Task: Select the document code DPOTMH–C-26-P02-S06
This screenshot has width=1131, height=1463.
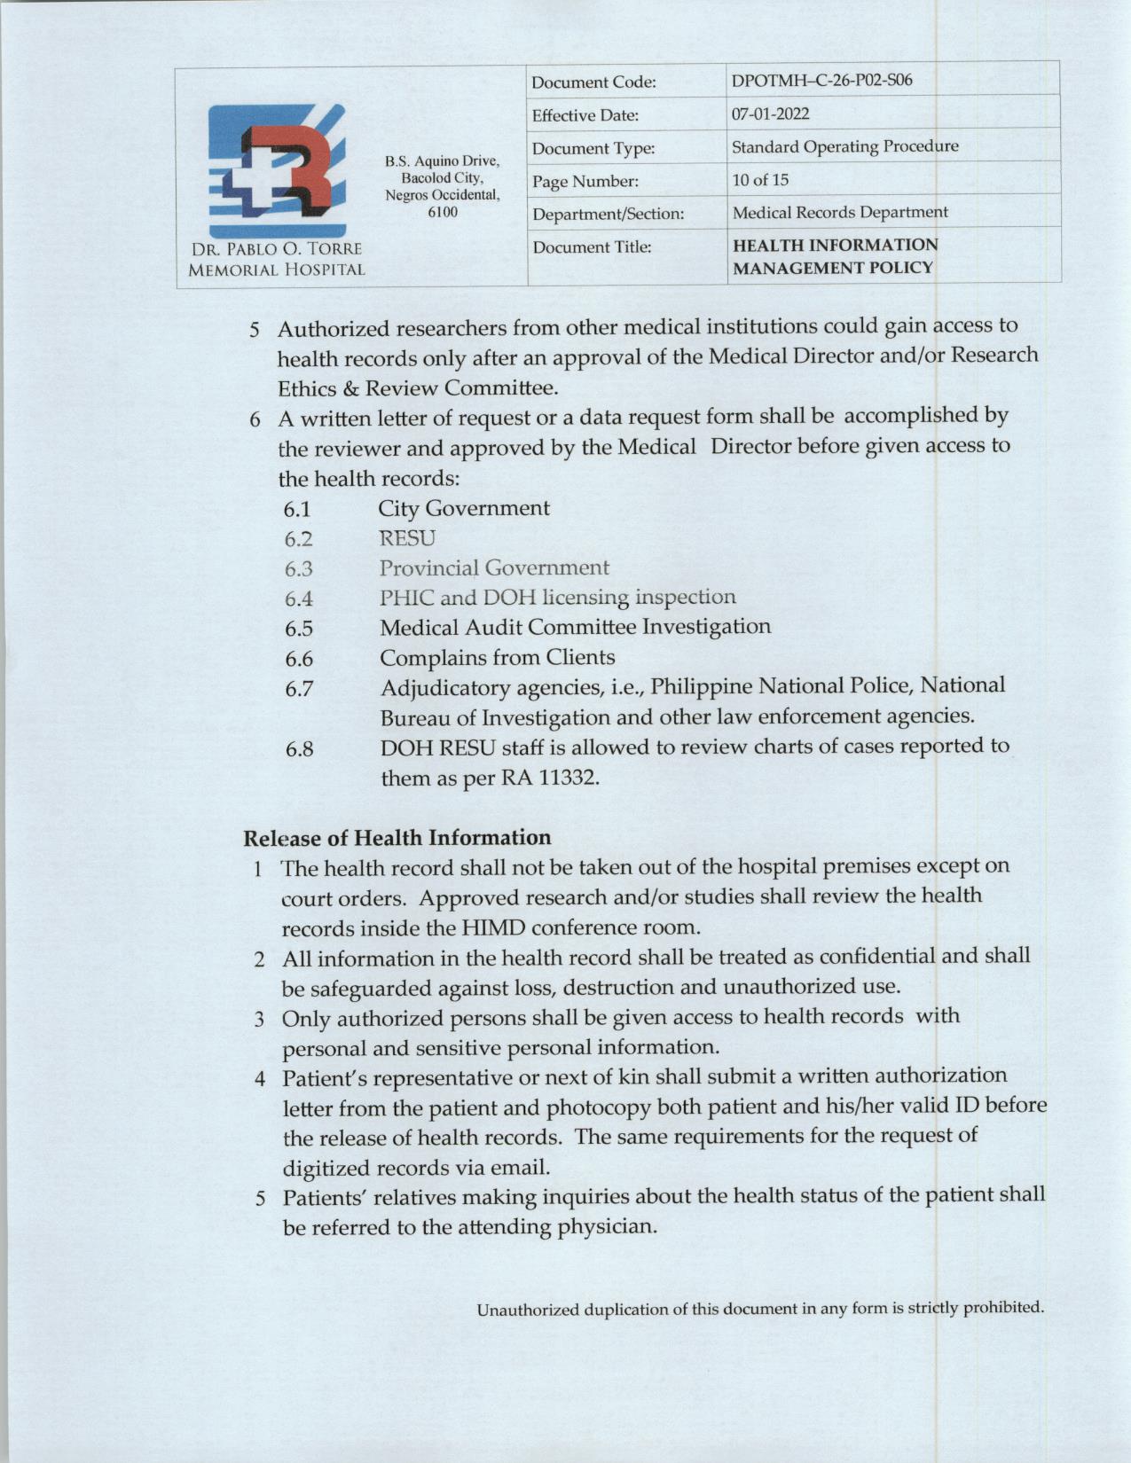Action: click(x=821, y=81)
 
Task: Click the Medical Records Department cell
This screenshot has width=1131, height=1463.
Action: click(x=839, y=213)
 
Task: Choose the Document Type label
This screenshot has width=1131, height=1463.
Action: click(x=593, y=148)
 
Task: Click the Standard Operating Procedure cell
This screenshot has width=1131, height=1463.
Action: click(x=844, y=146)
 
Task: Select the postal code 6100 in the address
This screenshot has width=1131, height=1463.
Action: click(x=443, y=212)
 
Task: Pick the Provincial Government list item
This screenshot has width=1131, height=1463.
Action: click(x=494, y=567)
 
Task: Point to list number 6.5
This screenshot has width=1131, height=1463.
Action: click(x=299, y=629)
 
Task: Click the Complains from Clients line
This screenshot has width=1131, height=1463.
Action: click(x=497, y=658)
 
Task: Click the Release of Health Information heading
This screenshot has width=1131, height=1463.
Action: click(x=397, y=838)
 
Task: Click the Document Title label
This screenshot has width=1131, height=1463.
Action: click(x=592, y=247)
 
